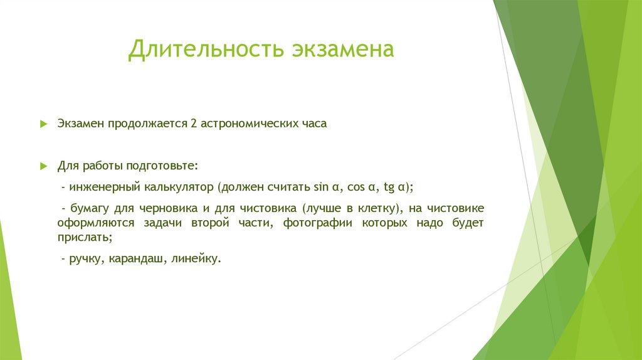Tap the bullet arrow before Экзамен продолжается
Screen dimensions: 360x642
[x=43, y=124]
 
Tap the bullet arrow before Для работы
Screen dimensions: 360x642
[x=43, y=166]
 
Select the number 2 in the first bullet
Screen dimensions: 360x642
[x=194, y=124]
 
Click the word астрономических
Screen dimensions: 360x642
[x=251, y=124]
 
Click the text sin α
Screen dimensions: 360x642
[x=325, y=187]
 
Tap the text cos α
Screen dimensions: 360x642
[x=361, y=187]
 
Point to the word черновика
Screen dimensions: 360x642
[x=166, y=208]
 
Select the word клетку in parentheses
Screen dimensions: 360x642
[x=376, y=208]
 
